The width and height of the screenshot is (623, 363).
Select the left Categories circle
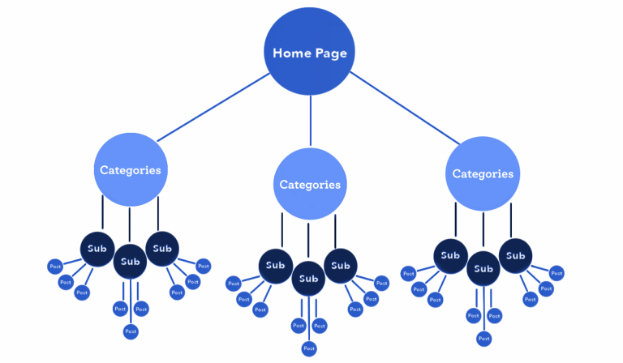pos(130,170)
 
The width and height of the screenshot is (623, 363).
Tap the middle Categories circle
pos(310,184)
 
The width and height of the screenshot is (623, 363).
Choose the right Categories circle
pos(483,173)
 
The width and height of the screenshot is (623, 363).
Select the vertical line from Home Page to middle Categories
pos(310,117)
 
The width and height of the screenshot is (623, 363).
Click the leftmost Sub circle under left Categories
pos(97,248)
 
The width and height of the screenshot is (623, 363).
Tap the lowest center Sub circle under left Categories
pos(130,261)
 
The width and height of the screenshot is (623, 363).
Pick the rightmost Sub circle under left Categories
pos(162,248)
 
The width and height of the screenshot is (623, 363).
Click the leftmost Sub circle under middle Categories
pos(276,266)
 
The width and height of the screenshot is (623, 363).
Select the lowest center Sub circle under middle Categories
pos(308,279)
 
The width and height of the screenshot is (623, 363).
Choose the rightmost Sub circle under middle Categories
pos(341,266)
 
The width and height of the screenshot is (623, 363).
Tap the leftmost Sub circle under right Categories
pos(450,255)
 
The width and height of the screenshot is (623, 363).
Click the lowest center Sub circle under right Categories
pos(483,268)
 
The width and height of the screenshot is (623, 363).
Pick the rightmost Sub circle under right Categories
pos(515,255)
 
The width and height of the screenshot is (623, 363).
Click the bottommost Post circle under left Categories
pos(131,331)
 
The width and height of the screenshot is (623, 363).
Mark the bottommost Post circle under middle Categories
pos(309,348)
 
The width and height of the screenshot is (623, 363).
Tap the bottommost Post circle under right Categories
pos(483,339)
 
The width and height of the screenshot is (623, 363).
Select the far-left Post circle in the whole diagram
pos(55,266)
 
